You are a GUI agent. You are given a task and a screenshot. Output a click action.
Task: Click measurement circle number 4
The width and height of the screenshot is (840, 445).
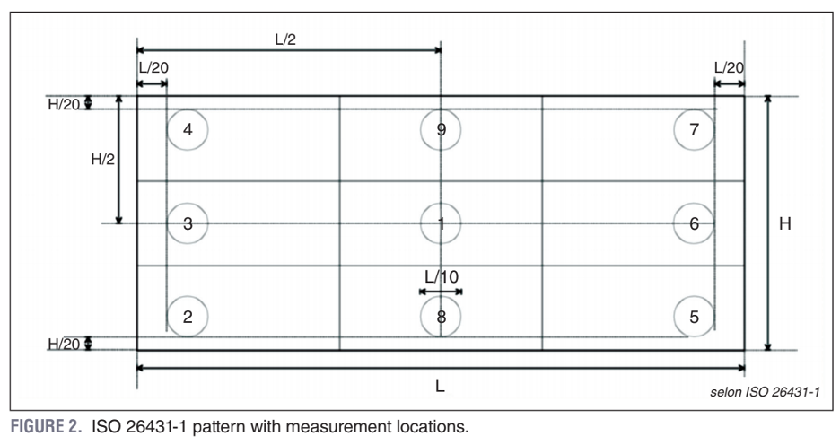(188, 130)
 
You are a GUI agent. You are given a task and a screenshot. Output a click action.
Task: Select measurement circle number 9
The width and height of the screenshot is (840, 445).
(441, 130)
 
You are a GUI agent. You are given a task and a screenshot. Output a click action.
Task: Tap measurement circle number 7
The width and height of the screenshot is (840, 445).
(694, 130)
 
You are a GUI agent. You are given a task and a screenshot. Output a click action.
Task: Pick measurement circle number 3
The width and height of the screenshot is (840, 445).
(188, 223)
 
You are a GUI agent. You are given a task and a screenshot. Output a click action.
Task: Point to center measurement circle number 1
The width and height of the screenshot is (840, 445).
(441, 223)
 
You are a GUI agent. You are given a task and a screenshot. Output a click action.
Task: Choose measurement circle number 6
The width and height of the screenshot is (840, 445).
(694, 223)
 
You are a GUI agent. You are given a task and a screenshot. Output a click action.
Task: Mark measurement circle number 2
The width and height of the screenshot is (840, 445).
(188, 316)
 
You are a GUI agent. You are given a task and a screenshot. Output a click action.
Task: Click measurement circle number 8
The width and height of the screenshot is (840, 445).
(441, 316)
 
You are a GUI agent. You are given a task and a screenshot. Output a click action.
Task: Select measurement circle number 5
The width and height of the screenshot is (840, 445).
(694, 316)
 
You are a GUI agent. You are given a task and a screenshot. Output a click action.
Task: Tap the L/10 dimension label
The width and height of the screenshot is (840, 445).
(442, 277)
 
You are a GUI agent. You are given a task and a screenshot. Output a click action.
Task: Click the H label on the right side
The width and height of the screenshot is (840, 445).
(784, 223)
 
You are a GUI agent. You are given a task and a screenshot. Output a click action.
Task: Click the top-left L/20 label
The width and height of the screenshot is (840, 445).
(153, 68)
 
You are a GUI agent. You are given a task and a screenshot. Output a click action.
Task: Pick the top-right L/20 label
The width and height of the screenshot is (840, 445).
(729, 68)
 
